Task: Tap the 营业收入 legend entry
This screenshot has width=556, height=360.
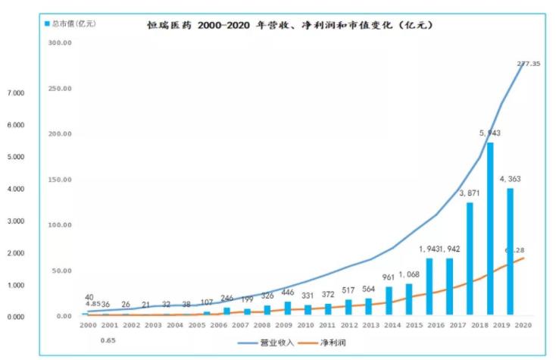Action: coord(275,343)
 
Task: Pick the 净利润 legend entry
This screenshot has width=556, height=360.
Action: coord(340,343)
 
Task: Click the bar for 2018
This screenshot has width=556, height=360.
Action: coord(490,228)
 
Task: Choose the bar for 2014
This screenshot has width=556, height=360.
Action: coord(389,300)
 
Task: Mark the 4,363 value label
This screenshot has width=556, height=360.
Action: coord(514,180)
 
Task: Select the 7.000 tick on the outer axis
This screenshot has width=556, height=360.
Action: coord(16,92)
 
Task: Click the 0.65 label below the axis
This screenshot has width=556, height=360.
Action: coord(108,340)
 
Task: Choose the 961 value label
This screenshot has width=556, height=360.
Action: coord(387,277)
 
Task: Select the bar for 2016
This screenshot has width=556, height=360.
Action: coord(429,286)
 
